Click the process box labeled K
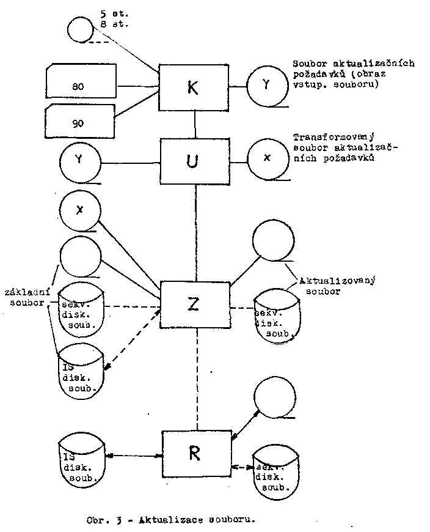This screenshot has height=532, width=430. (194, 87)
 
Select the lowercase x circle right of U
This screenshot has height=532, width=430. (267, 158)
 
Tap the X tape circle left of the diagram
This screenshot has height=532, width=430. (80, 211)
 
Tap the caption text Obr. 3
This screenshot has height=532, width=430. (101, 520)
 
